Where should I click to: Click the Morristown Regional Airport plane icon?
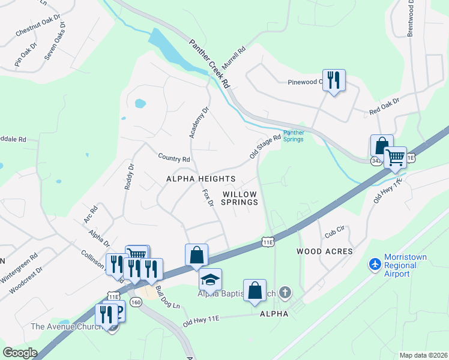point(375,263)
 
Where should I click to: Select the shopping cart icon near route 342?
point(395,158)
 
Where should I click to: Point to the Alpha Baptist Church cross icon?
point(285,293)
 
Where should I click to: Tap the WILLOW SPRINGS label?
point(240,198)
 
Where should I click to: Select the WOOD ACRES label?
point(324,251)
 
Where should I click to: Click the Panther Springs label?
point(293,136)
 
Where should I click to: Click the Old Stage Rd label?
point(265,147)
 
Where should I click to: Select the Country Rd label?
point(173,158)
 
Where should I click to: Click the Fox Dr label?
point(208,199)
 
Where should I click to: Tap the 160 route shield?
point(136,302)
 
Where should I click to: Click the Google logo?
point(20,353)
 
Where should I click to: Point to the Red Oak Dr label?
point(384,107)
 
